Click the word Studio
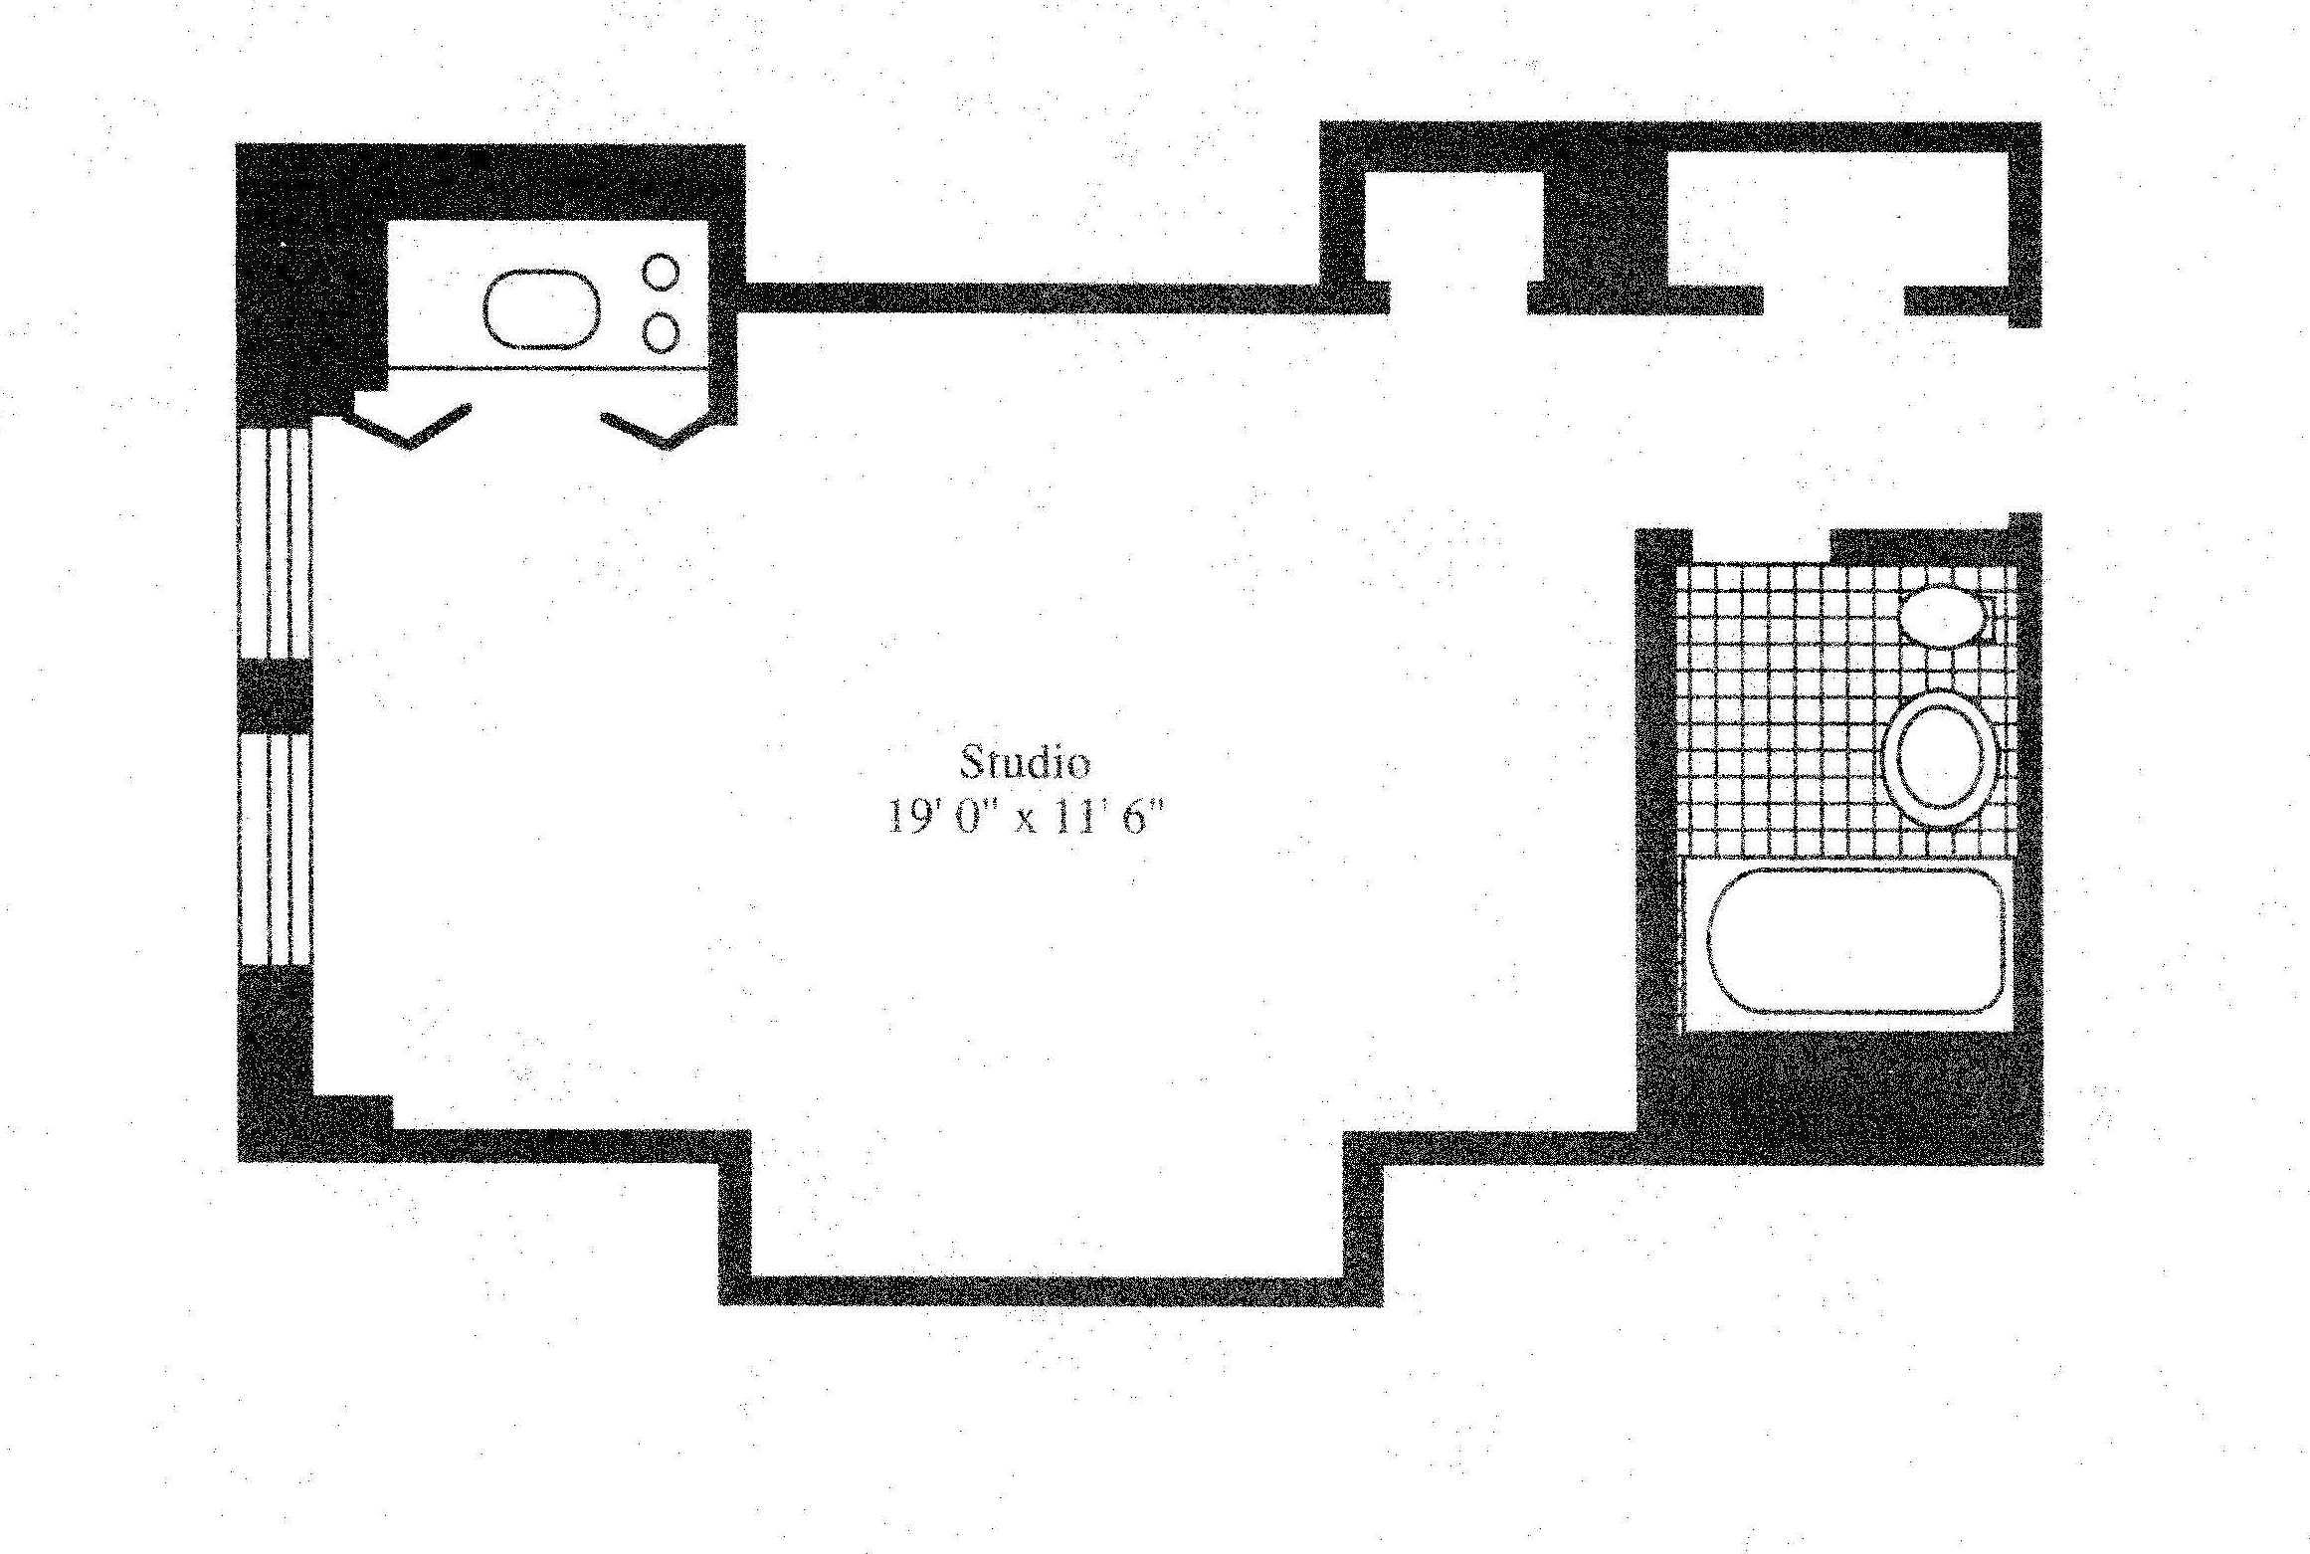point(1024,763)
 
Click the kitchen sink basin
point(542,308)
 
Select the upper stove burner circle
point(661,272)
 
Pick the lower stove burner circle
point(661,332)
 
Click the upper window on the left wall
point(274,542)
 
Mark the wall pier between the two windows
point(274,696)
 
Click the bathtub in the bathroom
point(1855,941)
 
